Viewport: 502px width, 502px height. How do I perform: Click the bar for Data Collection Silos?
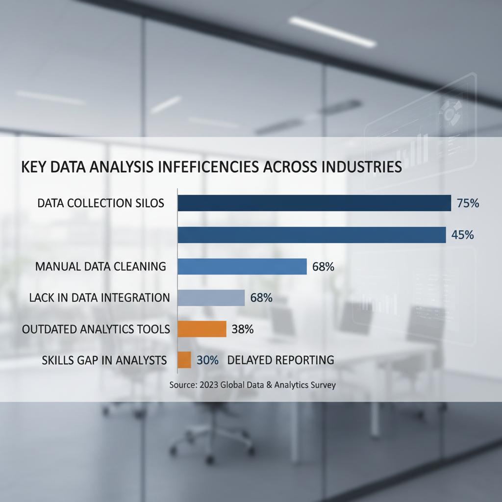click(x=314, y=203)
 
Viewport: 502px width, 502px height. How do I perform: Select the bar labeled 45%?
click(x=311, y=235)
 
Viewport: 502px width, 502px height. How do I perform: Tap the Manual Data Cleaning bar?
click(x=242, y=267)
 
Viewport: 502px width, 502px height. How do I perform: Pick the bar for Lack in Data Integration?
click(x=211, y=298)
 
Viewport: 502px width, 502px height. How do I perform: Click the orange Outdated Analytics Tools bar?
click(x=201, y=329)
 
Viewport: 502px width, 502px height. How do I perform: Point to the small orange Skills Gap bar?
click(x=184, y=360)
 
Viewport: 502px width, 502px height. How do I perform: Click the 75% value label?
click(x=467, y=203)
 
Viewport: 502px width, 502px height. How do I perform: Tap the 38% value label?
click(x=242, y=329)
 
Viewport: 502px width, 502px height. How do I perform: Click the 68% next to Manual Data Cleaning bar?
click(x=323, y=267)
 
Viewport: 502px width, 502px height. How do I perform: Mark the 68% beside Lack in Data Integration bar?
click(x=261, y=298)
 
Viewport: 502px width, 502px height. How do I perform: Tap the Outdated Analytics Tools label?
click(x=96, y=329)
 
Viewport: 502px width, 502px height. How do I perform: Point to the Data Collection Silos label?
click(x=100, y=203)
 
